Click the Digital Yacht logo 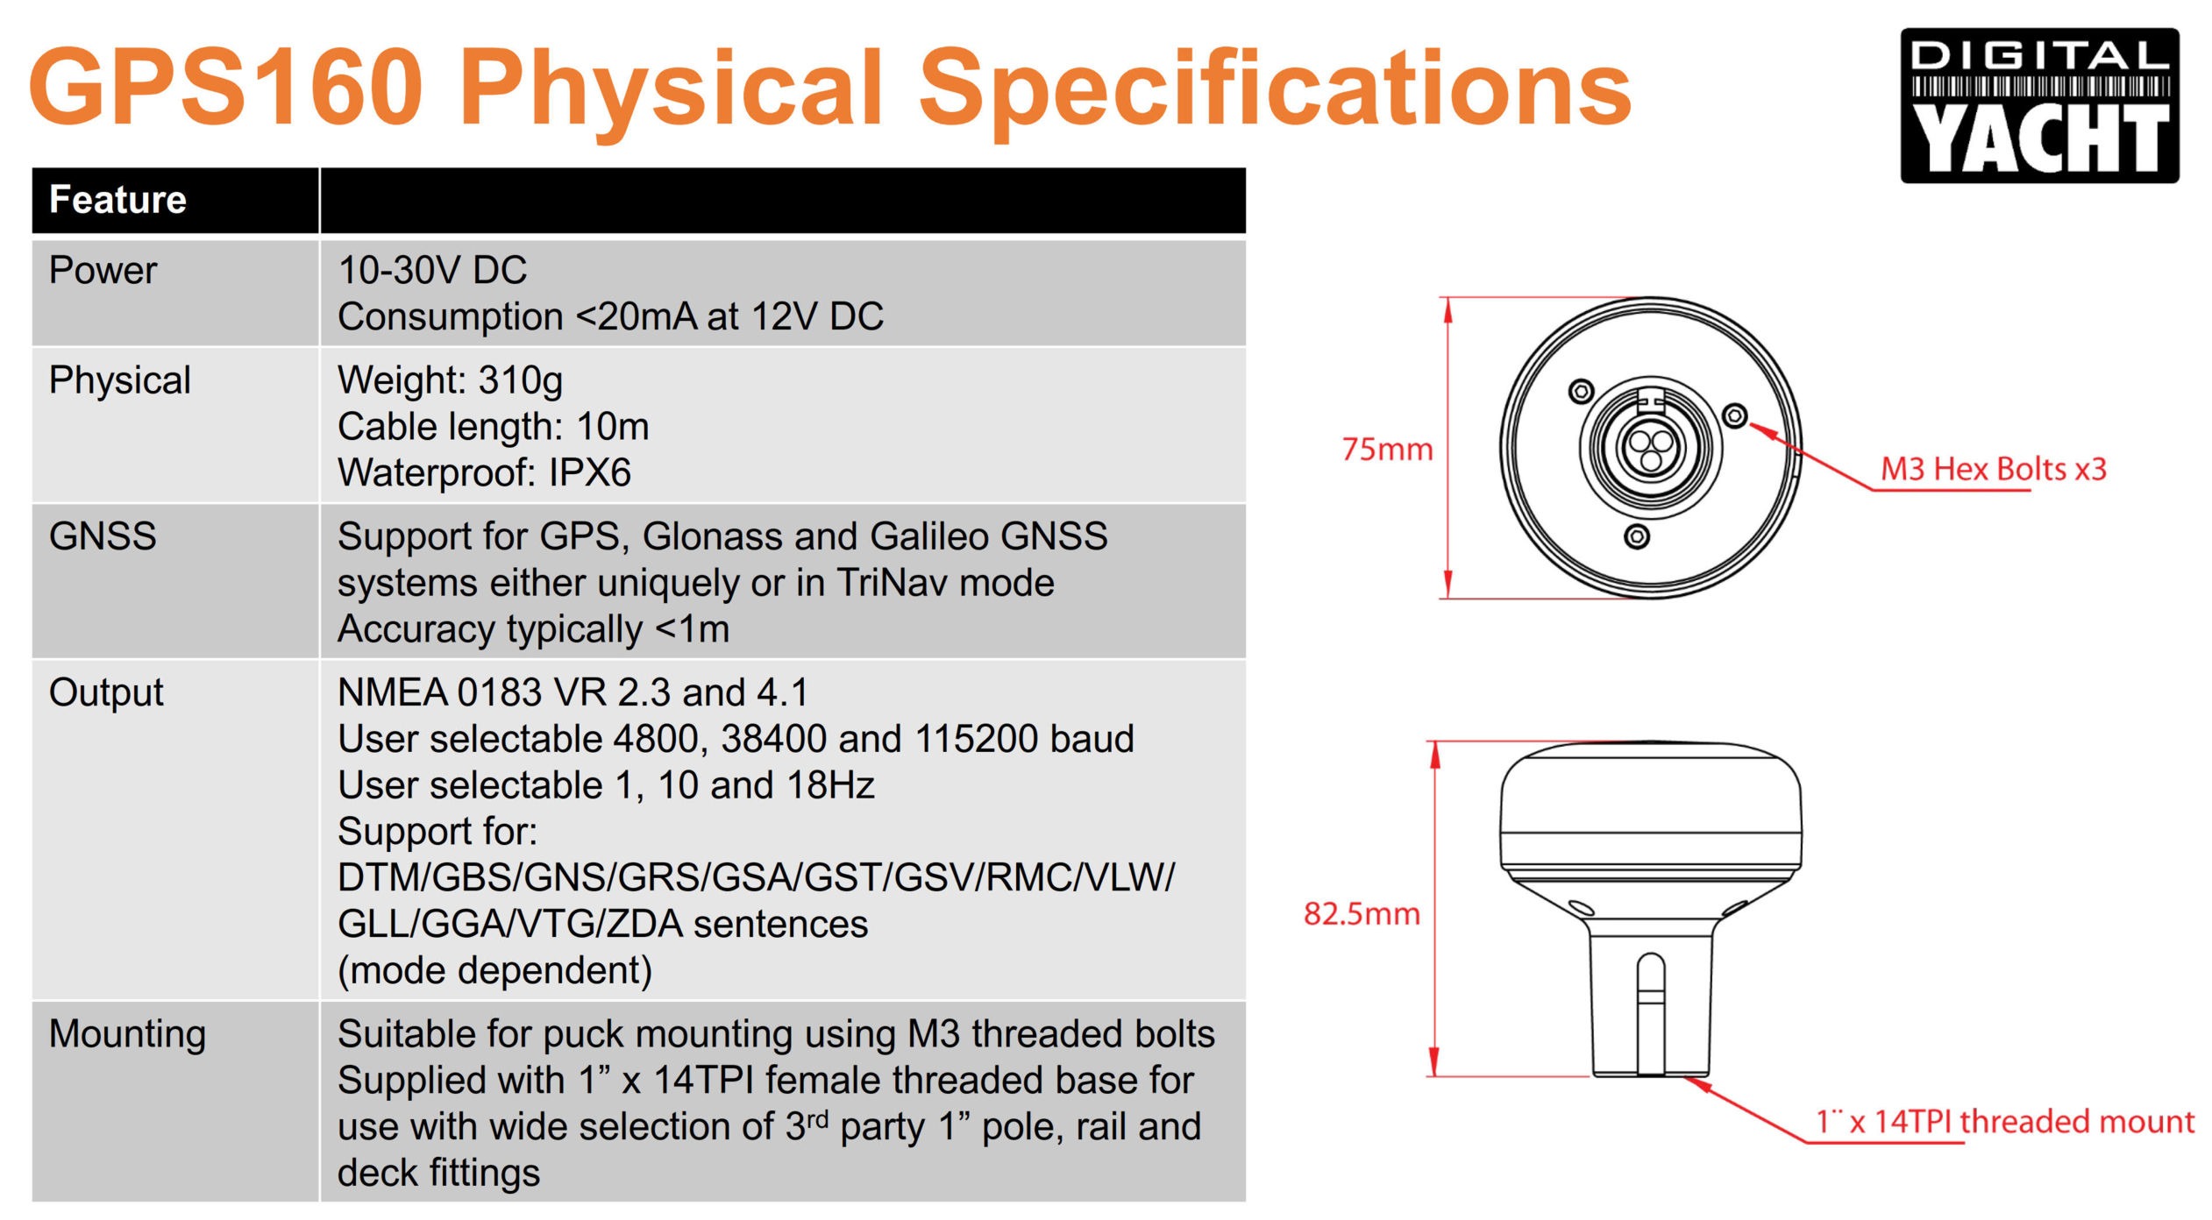coord(2038,105)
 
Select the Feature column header coord(117,200)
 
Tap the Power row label coord(103,270)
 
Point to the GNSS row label coord(103,536)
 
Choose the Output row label coord(106,693)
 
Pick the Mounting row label coord(127,1034)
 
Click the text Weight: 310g coord(450,381)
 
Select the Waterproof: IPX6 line coord(484,473)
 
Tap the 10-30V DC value coord(432,270)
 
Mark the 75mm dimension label coord(1387,450)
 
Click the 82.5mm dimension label coord(1361,913)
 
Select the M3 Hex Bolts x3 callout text coord(1993,469)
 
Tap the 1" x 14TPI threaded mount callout coord(2004,1122)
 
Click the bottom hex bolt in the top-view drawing coord(1636,536)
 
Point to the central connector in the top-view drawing coord(1652,447)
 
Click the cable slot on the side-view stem coord(1651,1013)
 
